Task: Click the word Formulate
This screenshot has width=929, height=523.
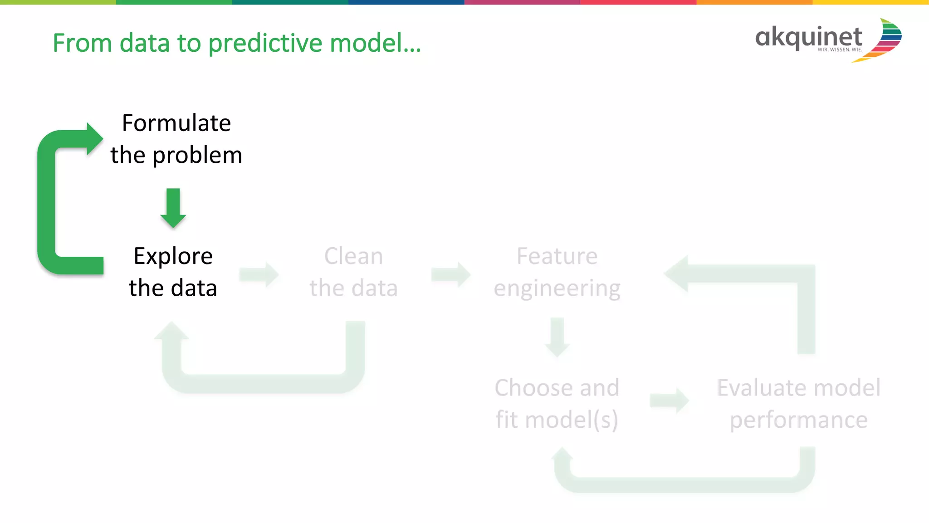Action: pos(176,123)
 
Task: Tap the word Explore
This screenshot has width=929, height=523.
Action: pos(173,256)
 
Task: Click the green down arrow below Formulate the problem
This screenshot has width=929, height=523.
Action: pos(173,208)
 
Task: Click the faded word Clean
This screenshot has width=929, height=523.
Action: pos(353,256)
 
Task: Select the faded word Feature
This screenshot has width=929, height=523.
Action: pos(557,256)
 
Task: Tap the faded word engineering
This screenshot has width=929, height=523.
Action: pos(557,289)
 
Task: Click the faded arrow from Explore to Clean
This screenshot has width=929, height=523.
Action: pos(259,274)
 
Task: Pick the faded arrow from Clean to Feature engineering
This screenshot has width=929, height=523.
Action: pos(451,274)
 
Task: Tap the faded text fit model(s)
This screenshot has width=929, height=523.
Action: pos(557,420)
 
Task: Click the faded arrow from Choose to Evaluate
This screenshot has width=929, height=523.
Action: pos(669,401)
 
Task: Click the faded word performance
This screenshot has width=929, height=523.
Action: pos(798,420)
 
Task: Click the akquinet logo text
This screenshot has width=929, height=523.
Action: pos(808,38)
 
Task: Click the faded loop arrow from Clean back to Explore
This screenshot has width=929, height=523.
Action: pos(263,383)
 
